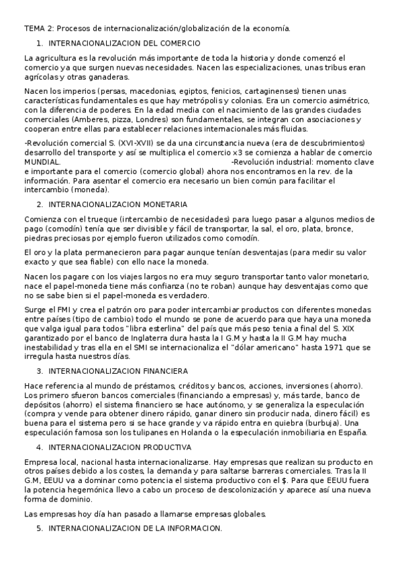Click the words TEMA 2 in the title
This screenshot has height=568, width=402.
[39, 28]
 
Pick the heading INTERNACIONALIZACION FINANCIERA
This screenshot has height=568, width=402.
[118, 370]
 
